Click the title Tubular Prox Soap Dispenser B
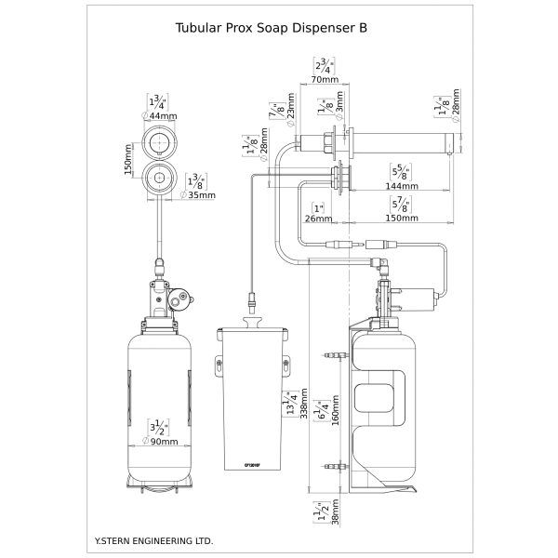point(271,27)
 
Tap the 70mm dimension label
point(325,81)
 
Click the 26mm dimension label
point(318,219)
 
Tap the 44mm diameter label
point(163,115)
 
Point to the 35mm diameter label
point(201,195)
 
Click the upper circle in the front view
point(163,144)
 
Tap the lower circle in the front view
point(163,177)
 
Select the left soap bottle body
point(162,400)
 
